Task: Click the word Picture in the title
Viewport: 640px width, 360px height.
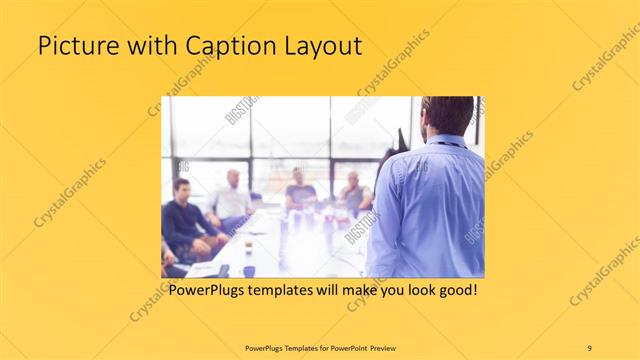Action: tap(73, 46)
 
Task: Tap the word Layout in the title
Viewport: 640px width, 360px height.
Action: tap(319, 46)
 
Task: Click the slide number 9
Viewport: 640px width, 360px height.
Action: tap(590, 347)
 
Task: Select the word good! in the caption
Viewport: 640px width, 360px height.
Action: tap(453, 291)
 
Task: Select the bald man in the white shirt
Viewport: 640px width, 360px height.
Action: tap(231, 199)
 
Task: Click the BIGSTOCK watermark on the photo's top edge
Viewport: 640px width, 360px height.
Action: tap(241, 109)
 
